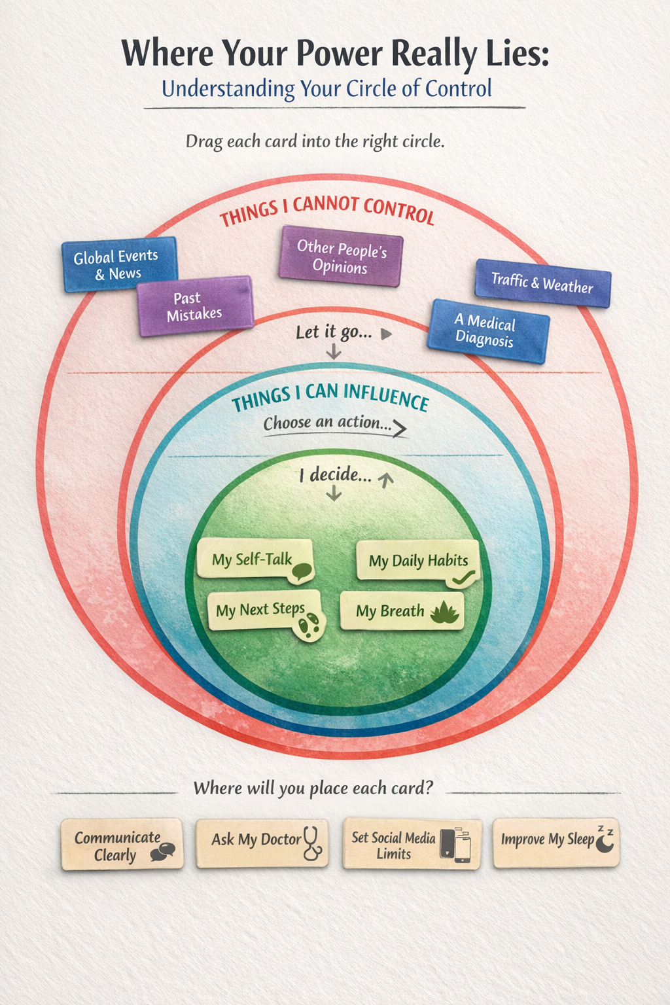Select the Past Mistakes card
click(195, 306)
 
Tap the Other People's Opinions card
click(341, 256)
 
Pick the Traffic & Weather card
click(542, 283)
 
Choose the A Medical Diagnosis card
click(487, 331)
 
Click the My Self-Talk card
click(253, 559)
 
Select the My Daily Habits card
click(417, 561)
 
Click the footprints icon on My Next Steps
click(309, 625)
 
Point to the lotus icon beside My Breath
click(444, 612)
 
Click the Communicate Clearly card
click(122, 845)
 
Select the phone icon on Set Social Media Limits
click(455, 845)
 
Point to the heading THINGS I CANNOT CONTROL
click(326, 210)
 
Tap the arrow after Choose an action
click(400, 429)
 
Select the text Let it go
click(334, 332)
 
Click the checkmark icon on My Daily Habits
click(463, 577)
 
